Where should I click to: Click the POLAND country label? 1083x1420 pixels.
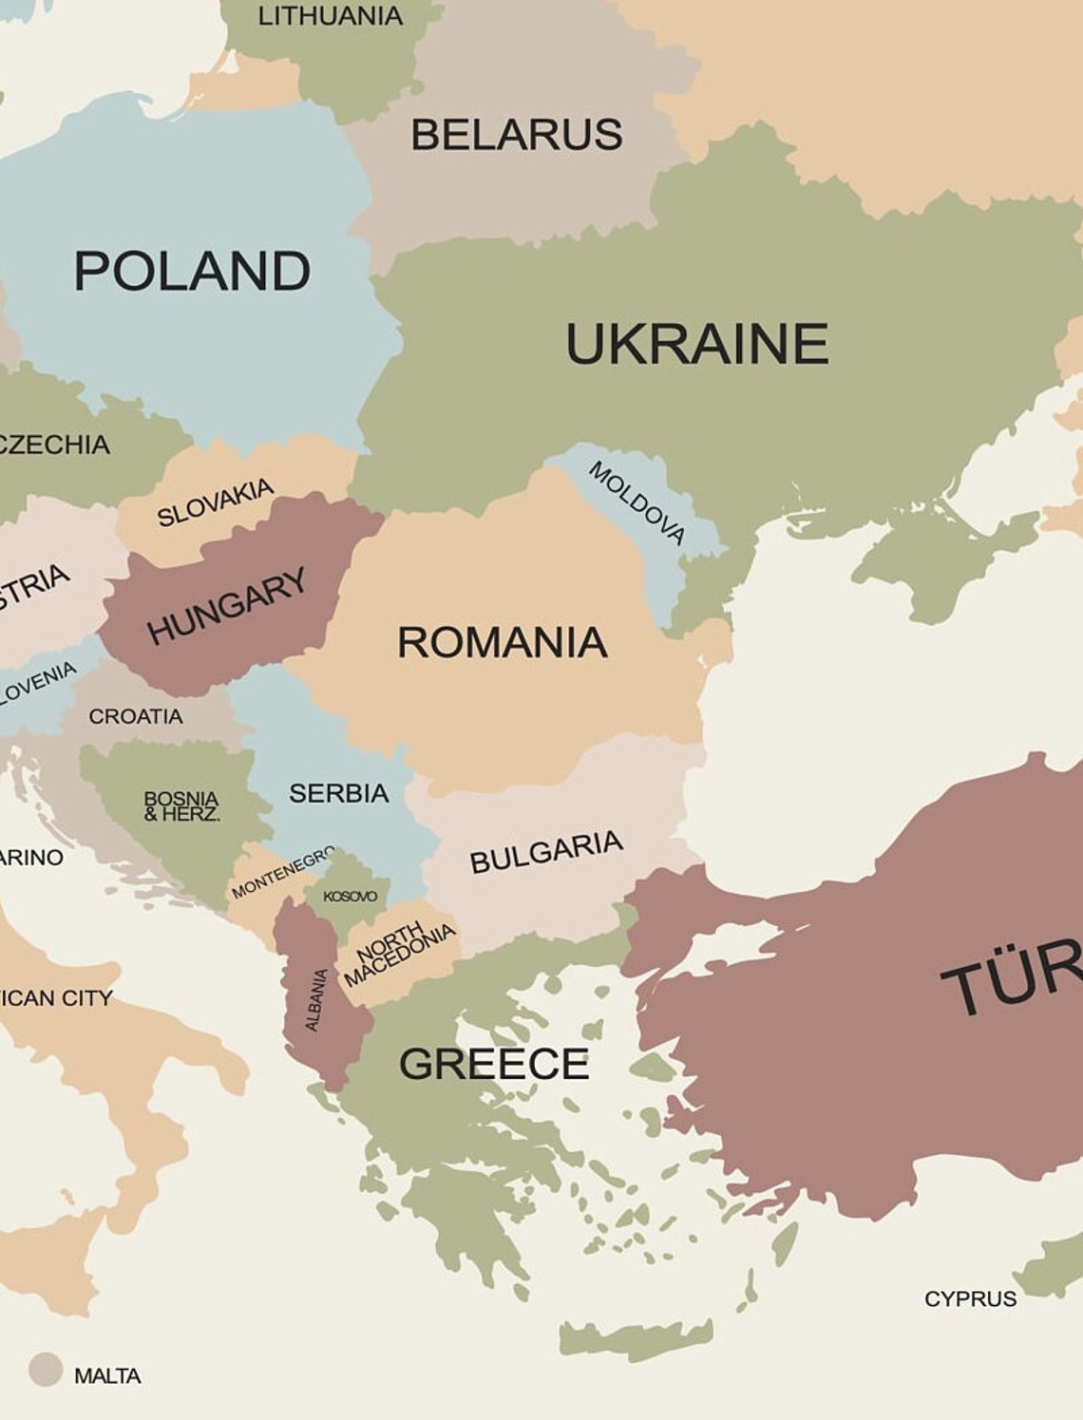tap(192, 271)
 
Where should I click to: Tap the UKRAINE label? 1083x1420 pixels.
tap(696, 343)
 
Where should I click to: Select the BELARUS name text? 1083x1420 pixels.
tap(516, 134)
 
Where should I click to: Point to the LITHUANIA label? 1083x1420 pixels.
tap(330, 15)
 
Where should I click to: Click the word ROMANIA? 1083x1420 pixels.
tap(502, 642)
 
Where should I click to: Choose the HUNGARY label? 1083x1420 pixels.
tap(227, 605)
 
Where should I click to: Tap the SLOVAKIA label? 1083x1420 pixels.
tap(216, 502)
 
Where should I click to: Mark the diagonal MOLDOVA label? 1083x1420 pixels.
tap(636, 502)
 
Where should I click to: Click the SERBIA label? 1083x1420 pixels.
tap(338, 793)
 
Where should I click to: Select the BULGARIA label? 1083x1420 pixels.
tap(546, 851)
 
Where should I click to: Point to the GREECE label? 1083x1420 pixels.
tap(494, 1063)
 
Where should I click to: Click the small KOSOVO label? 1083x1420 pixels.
tap(350, 896)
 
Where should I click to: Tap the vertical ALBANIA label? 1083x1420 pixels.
tap(316, 999)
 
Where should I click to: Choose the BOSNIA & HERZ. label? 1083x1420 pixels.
tap(181, 805)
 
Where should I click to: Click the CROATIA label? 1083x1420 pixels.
tap(135, 716)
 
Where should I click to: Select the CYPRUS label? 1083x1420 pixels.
tap(970, 1298)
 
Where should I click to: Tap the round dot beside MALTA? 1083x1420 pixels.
tap(45, 1370)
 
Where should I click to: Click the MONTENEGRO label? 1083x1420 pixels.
tap(282, 872)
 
